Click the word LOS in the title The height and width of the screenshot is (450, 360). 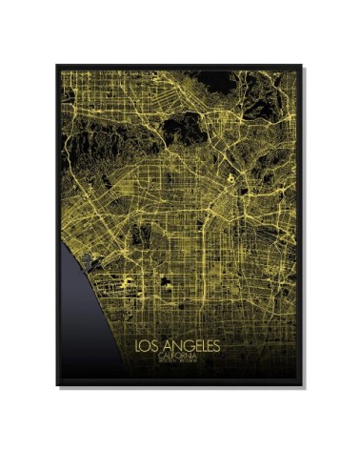150,344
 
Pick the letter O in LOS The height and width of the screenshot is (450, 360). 149,344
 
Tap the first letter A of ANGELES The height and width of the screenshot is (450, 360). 167,344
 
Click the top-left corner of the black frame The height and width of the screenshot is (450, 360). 57,65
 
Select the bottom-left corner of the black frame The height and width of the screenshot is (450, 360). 57,384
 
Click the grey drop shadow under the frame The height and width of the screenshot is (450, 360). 181,388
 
